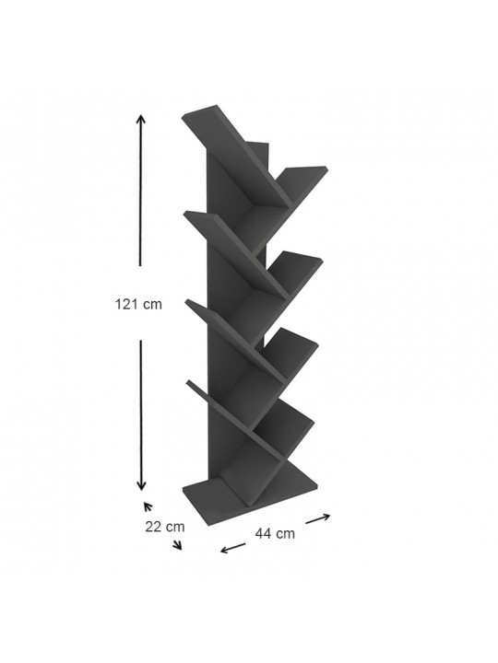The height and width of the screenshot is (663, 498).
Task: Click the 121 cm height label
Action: pos(138,304)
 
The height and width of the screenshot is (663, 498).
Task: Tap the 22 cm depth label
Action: pos(165,527)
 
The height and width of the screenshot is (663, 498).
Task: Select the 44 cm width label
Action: pos(275,533)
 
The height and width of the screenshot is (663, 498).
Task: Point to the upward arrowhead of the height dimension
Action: pos(140,118)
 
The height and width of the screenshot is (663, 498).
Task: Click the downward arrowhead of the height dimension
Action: pos(141,486)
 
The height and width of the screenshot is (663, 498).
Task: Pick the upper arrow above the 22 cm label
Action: pos(148,506)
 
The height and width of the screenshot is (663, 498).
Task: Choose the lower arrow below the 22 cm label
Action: pos(177,544)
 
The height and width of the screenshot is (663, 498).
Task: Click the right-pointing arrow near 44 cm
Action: pos(318,518)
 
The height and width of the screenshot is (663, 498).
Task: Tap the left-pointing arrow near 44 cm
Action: pos(233,548)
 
